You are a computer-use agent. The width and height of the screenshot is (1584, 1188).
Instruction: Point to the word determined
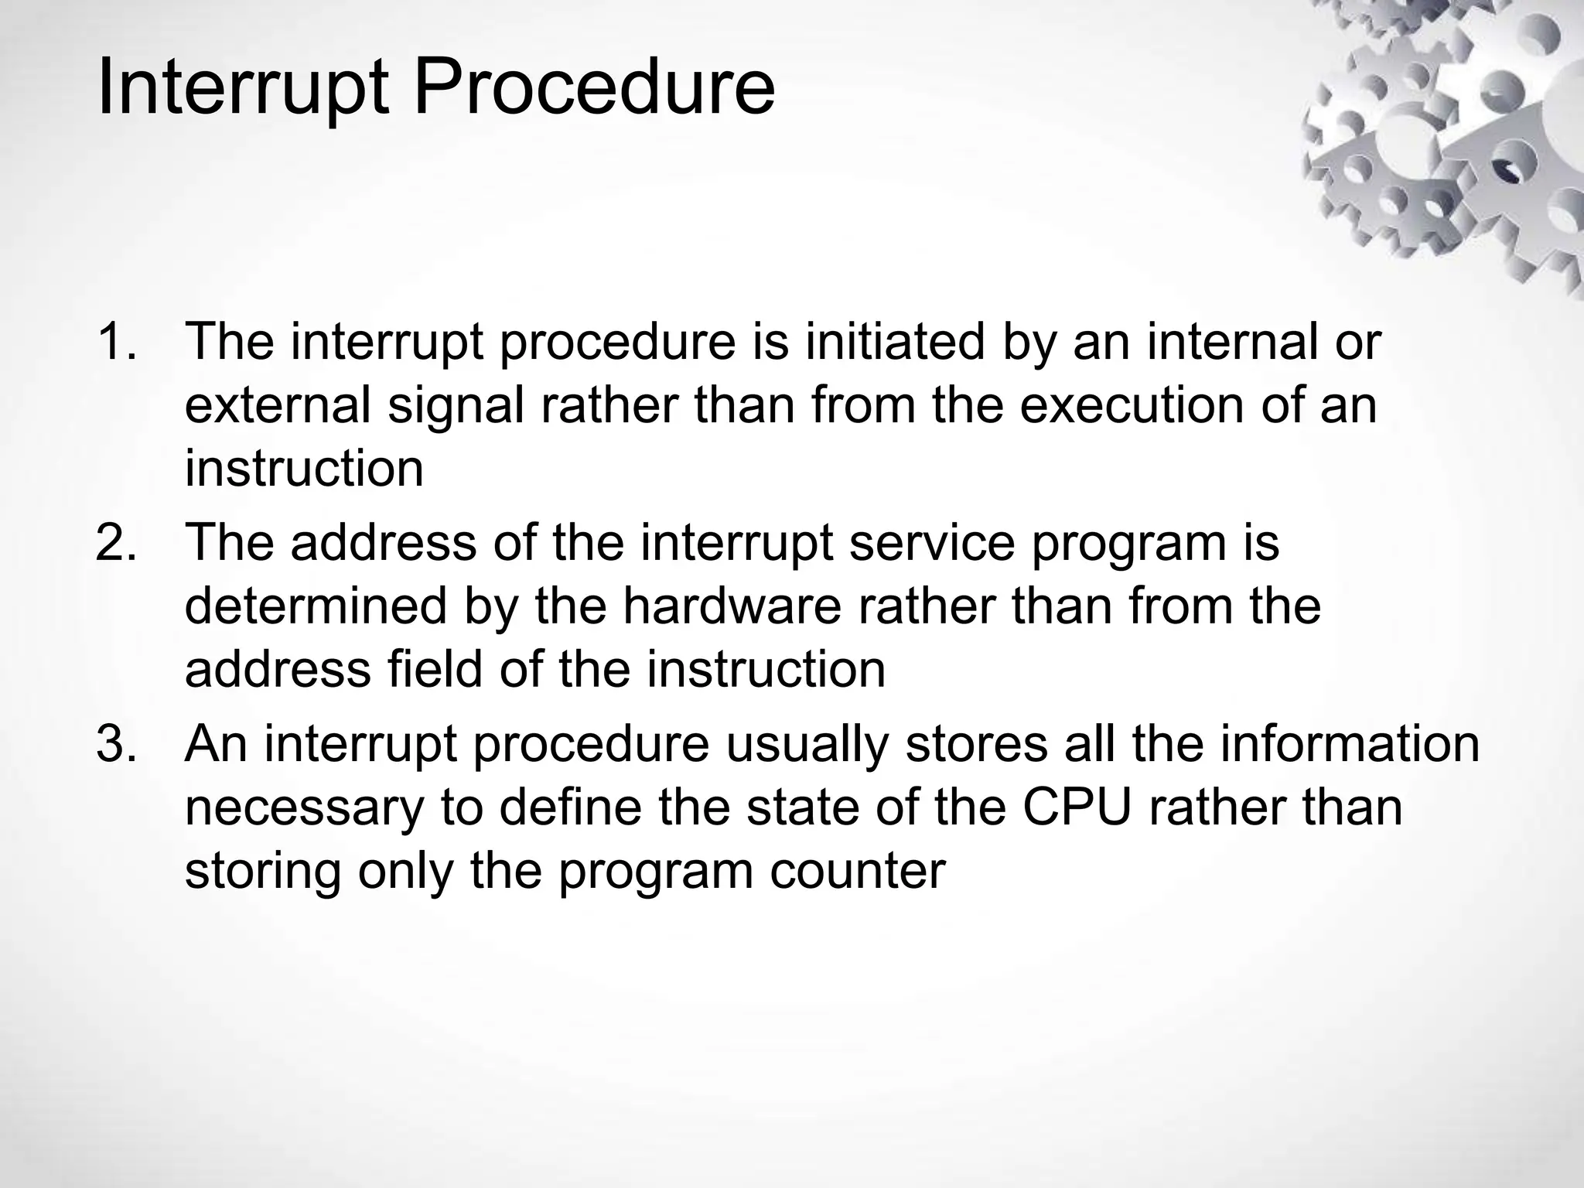316,605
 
